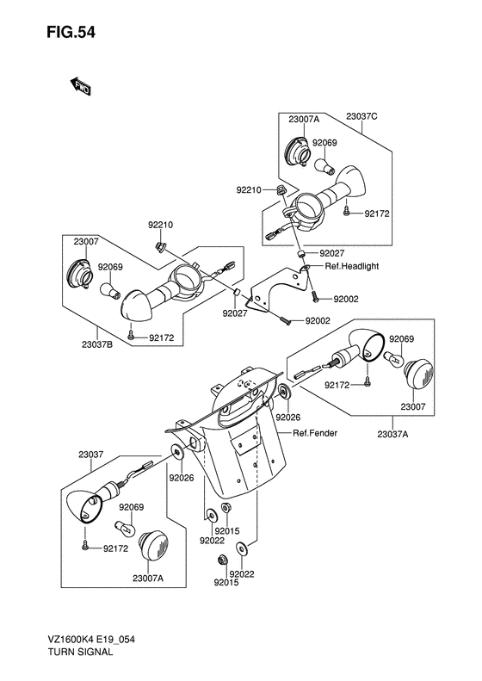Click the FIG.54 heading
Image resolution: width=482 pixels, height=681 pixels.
click(71, 33)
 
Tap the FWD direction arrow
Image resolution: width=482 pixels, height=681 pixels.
click(80, 86)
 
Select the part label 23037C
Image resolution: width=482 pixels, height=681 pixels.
click(361, 116)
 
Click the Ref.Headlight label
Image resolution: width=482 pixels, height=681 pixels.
click(352, 266)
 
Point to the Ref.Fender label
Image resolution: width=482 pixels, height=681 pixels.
click(315, 433)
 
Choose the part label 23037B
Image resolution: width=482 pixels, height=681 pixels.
click(97, 345)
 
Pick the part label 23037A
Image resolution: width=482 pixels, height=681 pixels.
click(392, 434)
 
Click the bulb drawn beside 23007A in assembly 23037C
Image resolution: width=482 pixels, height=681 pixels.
click(324, 166)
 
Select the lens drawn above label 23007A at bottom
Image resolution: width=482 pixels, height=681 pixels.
click(153, 546)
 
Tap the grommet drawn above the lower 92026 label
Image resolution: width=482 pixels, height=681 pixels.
click(177, 453)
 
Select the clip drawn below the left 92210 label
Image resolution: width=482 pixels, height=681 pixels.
click(159, 247)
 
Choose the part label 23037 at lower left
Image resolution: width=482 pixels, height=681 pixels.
click(91, 455)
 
